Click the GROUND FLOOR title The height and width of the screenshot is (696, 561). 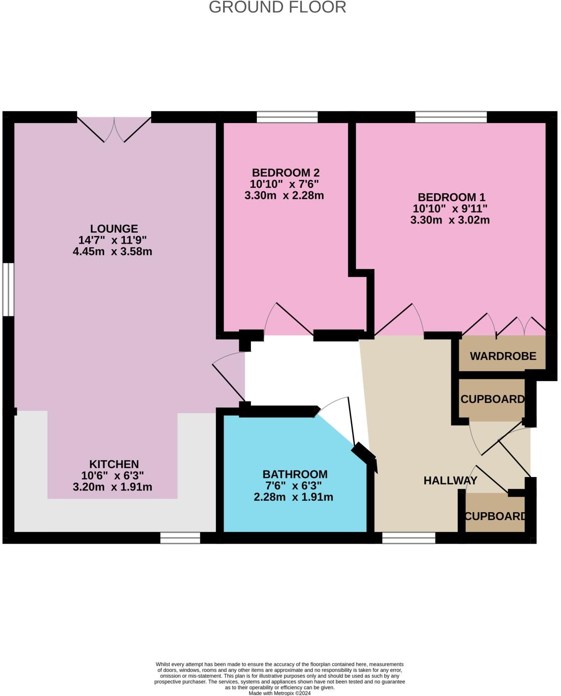tap(277, 7)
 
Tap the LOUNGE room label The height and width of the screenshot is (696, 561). tap(114, 229)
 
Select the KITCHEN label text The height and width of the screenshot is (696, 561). tap(114, 464)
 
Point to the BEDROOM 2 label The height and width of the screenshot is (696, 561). tap(285, 173)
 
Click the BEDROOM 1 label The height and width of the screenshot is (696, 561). tap(451, 197)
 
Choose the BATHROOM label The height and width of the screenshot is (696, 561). tap(295, 474)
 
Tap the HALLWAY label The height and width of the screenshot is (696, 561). tap(450, 480)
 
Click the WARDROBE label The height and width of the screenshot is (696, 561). tap(503, 356)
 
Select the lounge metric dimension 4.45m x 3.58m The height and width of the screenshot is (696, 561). tap(113, 251)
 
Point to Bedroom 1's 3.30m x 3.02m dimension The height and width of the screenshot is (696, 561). tap(450, 220)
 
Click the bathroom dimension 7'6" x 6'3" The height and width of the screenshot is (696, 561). tap(293, 485)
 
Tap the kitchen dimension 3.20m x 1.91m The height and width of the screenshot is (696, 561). tap(113, 487)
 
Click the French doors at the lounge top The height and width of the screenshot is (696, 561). tap(114, 130)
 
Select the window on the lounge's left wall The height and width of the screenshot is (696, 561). tap(8, 290)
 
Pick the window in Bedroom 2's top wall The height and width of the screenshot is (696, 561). tap(287, 117)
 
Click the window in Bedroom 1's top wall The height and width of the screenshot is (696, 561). tap(451, 117)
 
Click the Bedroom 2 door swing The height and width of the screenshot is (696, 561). tap(288, 319)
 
